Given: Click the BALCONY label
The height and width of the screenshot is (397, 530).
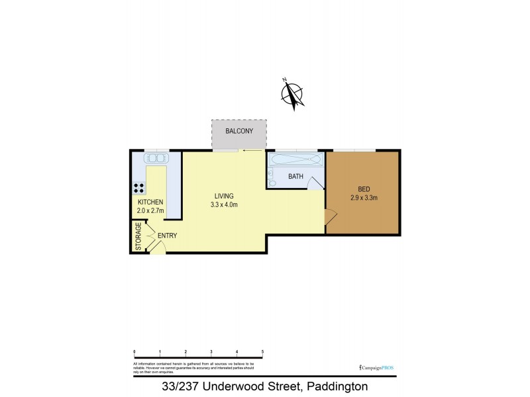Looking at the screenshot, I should (238, 131).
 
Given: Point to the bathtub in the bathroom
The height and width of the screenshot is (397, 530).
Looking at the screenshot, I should (295, 160).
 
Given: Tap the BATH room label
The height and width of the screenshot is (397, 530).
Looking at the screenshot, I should (295, 177).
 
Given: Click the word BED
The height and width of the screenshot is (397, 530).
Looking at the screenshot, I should (363, 188).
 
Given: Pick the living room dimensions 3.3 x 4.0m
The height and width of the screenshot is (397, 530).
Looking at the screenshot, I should (224, 204).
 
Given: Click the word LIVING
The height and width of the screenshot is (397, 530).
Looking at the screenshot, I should (224, 196).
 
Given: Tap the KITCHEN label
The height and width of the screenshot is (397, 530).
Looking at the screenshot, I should (150, 202).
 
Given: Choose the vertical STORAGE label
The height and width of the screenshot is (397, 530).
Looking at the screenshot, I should (138, 237).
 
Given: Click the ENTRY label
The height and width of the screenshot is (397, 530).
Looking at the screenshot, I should (166, 236).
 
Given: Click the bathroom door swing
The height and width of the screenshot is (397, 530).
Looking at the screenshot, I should (313, 186).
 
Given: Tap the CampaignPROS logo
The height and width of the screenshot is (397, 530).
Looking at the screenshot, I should (376, 367).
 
